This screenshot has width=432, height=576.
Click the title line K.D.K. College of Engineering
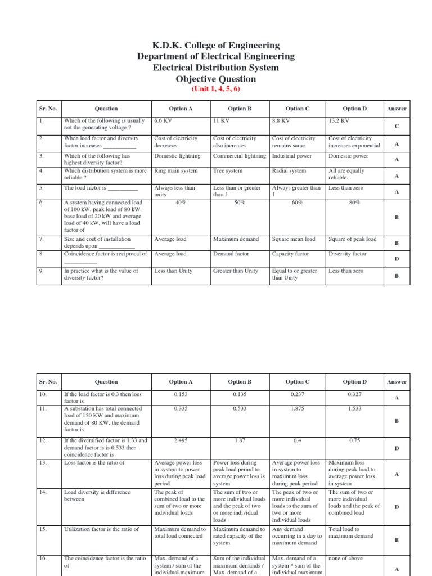[x=216, y=45]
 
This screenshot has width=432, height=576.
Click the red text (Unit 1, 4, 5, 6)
[x=216, y=89]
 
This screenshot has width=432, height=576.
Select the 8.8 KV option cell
[x=281, y=120]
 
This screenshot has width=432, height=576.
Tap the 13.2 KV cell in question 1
[x=339, y=120]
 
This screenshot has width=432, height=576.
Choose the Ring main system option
[x=175, y=170]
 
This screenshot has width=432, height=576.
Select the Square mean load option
[x=293, y=239]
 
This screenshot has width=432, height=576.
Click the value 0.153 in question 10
[x=181, y=394]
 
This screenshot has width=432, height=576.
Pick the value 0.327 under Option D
[x=354, y=394]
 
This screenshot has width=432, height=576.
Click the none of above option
[x=346, y=559]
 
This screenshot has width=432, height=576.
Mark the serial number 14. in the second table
[x=44, y=492]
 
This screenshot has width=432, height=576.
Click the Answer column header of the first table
[x=397, y=109]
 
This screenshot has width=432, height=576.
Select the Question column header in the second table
[x=106, y=382]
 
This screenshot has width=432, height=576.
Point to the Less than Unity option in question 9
[x=173, y=271]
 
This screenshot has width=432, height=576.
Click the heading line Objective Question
[x=216, y=79]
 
